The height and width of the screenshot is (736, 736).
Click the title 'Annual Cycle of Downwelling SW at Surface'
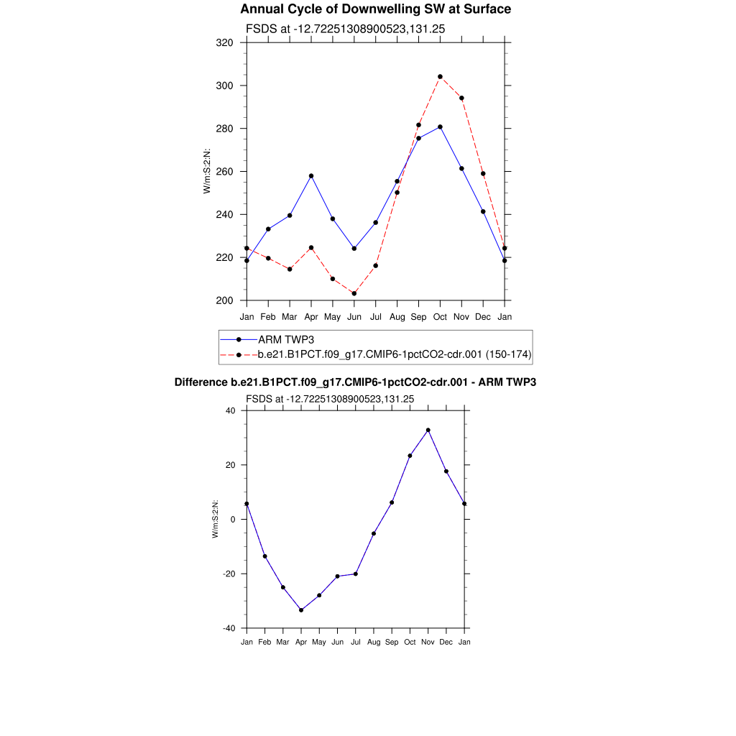click(x=375, y=9)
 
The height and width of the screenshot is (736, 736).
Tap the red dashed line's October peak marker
click(x=440, y=77)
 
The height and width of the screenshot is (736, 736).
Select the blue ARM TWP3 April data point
click(x=311, y=175)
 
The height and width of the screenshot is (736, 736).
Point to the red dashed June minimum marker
click(x=354, y=293)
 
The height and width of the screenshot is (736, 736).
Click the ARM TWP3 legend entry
click(x=286, y=339)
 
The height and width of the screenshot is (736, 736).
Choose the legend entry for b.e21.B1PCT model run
click(x=394, y=354)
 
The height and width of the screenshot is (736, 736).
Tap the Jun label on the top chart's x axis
click(x=354, y=316)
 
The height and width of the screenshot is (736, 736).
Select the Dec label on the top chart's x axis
click(x=483, y=316)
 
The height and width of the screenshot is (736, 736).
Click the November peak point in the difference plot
click(x=428, y=430)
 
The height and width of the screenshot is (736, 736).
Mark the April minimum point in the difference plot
click(x=301, y=610)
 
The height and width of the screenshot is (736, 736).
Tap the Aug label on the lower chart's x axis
click(x=374, y=642)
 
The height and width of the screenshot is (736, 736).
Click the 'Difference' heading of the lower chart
click(x=355, y=382)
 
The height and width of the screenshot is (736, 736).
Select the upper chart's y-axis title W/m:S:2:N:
click(x=207, y=171)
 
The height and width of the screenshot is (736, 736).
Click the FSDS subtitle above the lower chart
click(x=330, y=398)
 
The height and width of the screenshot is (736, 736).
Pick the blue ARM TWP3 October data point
click(x=440, y=126)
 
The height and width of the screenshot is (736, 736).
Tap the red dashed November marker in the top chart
click(x=461, y=98)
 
